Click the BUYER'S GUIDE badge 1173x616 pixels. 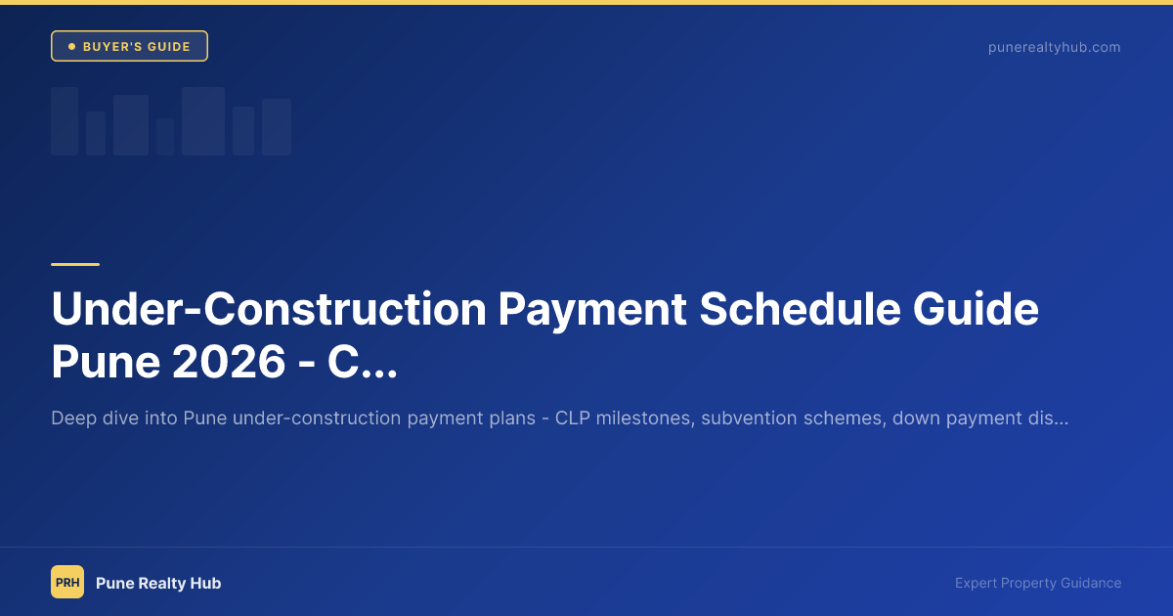coord(129,46)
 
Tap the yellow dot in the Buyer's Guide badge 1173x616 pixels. coord(71,46)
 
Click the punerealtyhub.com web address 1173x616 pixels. coord(1054,47)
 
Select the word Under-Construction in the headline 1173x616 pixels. coord(268,309)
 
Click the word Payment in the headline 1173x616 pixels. coord(592,309)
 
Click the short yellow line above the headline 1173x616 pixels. coord(75,264)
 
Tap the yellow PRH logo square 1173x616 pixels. coord(67,582)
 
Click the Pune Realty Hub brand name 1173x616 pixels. coord(158,583)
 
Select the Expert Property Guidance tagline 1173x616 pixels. coord(1038,583)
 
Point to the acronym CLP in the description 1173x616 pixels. coord(572,418)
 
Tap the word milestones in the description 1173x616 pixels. coord(641,418)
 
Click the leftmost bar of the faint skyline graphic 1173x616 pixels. coord(65,121)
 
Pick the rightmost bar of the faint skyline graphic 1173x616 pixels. coord(277,127)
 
